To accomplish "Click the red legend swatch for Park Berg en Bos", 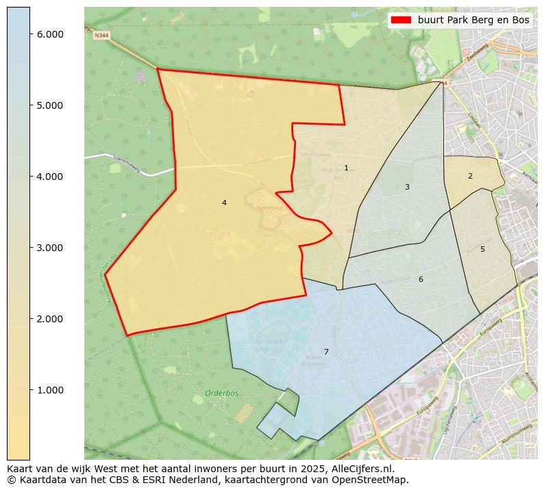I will [401, 21].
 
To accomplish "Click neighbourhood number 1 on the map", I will [346, 168].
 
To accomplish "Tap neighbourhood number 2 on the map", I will [470, 176].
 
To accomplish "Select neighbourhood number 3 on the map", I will [407, 187].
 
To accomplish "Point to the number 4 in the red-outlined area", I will [224, 203].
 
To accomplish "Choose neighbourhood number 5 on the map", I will [482, 249].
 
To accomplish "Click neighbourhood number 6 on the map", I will [421, 279].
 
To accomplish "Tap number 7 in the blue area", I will [326, 352].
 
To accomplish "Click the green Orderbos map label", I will [221, 393].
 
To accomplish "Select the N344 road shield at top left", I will [101, 35].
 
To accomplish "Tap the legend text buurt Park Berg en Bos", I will [473, 21].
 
